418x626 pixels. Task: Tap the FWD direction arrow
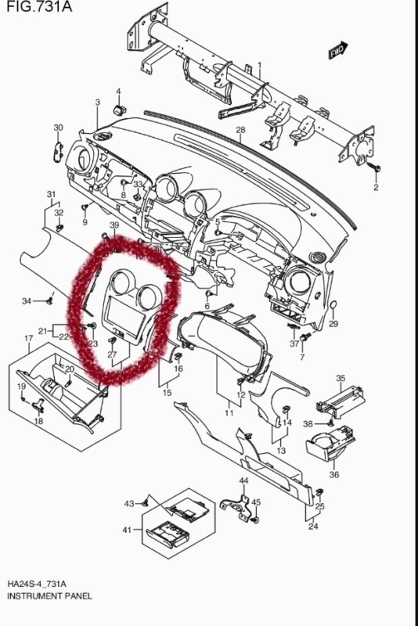(338, 50)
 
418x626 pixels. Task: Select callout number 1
(260, 65)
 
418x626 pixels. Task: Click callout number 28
(240, 130)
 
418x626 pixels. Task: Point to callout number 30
(58, 128)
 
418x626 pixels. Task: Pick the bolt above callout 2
(376, 168)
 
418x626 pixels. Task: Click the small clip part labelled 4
(118, 110)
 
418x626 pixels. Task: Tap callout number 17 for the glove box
(29, 339)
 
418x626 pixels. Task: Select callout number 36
(334, 474)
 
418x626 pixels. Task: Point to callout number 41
(127, 530)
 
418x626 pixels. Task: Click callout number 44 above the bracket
(243, 480)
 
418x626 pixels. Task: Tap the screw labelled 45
(256, 520)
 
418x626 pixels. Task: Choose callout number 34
(27, 300)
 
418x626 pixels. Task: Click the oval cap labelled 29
(333, 306)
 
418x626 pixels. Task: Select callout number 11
(229, 413)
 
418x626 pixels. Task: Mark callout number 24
(313, 526)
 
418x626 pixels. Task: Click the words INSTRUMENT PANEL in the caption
(49, 596)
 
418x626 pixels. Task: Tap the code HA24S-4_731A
(37, 584)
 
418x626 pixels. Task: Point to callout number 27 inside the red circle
(112, 354)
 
